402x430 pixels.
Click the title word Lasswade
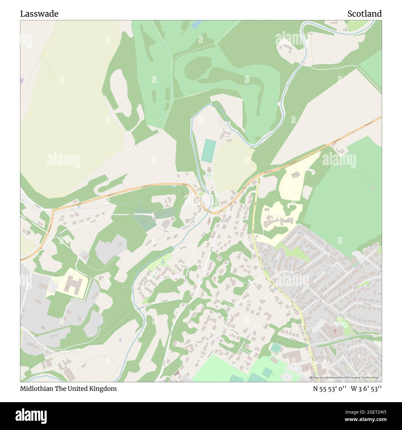click(x=39, y=14)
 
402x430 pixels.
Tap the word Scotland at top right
click(x=364, y=14)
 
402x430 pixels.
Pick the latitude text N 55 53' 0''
click(x=330, y=389)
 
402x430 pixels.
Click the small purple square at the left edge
click(x=22, y=81)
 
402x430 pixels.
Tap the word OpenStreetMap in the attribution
click(x=335, y=377)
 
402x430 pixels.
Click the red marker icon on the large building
click(x=334, y=332)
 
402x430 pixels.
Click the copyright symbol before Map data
click(x=312, y=377)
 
